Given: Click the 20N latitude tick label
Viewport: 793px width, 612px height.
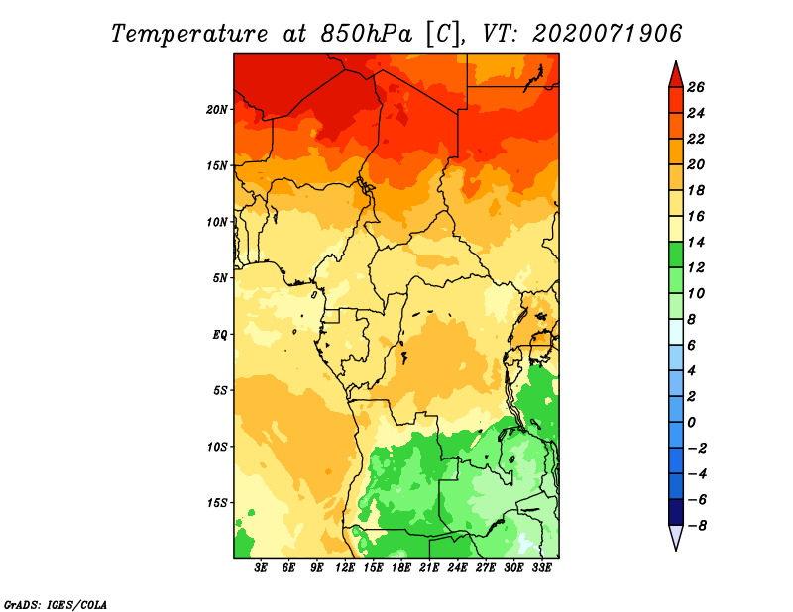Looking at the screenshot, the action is (216, 110).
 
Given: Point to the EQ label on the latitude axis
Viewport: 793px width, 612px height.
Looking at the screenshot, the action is (219, 335).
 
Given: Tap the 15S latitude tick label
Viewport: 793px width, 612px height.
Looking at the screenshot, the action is (216, 503).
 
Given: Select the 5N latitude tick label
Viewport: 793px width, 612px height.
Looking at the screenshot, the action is (219, 278).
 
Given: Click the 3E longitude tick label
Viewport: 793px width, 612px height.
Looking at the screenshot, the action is (261, 568).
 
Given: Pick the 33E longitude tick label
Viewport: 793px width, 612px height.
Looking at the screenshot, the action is (541, 568).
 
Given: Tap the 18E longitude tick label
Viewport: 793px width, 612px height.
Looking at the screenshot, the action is (401, 568).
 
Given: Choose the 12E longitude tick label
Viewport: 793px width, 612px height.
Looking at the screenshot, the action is (345, 568).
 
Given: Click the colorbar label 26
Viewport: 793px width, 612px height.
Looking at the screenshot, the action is (696, 87).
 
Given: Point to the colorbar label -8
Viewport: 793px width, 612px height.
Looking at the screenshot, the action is (697, 526).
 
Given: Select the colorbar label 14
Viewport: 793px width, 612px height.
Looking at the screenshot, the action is (696, 242).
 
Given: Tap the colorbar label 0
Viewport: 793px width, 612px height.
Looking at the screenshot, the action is (691, 422).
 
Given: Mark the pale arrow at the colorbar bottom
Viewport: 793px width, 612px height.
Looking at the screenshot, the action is (676, 536).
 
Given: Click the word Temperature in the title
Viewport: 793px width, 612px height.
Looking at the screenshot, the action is (189, 34).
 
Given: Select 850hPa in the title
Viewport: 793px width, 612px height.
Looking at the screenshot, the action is (366, 34).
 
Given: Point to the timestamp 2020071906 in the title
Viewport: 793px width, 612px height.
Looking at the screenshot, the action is (607, 34).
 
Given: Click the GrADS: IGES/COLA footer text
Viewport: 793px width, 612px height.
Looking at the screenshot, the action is (56, 604).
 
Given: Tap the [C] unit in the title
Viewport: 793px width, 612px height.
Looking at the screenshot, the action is (443, 35).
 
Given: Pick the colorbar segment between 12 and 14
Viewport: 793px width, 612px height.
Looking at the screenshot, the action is (676, 255).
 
